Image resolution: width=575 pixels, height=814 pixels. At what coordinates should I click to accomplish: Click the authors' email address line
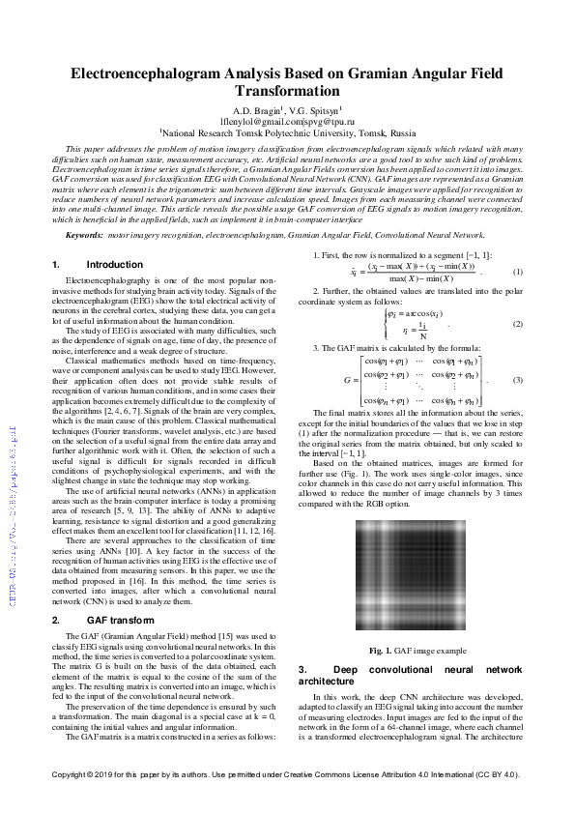click(x=287, y=122)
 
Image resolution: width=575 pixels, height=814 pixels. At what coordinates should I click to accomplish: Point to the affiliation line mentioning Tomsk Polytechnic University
click(x=287, y=133)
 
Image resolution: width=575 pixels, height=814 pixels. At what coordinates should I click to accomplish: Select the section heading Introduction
click(x=114, y=264)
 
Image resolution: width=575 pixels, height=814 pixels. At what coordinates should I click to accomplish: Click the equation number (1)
click(x=517, y=273)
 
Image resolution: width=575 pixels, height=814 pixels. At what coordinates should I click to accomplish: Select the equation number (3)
click(x=517, y=381)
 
